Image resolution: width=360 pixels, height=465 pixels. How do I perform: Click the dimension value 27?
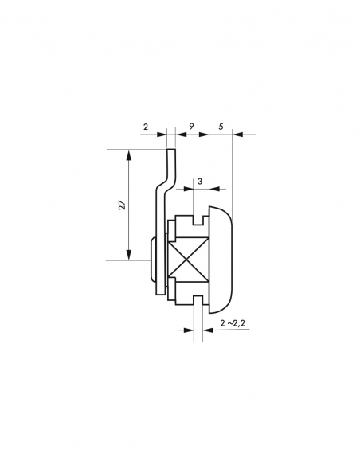click(122, 205)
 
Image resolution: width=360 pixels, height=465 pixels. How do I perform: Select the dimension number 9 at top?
click(192, 127)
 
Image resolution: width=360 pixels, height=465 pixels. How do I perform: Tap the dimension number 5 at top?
click(221, 127)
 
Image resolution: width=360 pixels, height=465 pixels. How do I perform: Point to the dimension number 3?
click(200, 181)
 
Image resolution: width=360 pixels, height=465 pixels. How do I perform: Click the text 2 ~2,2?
click(233, 323)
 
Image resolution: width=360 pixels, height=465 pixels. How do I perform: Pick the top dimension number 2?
click(145, 127)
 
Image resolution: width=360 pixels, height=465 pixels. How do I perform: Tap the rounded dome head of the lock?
click(221, 260)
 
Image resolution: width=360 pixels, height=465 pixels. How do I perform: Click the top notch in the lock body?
click(198, 221)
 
